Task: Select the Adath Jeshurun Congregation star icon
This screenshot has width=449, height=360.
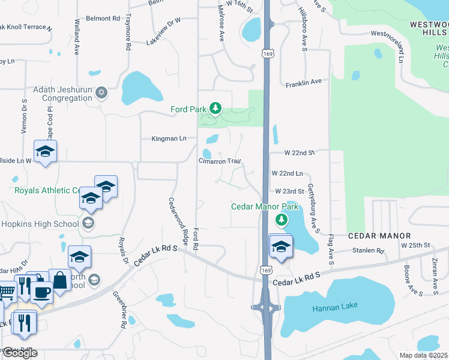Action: (x=102, y=92)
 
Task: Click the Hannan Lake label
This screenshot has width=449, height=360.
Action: (x=334, y=306)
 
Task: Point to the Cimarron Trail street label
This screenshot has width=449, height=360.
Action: (x=220, y=161)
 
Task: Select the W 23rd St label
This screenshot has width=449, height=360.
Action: (x=290, y=191)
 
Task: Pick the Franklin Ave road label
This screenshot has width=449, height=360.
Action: (x=304, y=82)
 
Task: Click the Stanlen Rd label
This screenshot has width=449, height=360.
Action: (x=368, y=250)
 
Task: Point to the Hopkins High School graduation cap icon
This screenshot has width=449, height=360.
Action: (x=88, y=224)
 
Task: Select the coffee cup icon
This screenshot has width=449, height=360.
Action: (x=41, y=292)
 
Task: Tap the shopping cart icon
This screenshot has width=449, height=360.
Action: (x=7, y=292)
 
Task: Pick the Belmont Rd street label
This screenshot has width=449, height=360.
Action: (x=103, y=19)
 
